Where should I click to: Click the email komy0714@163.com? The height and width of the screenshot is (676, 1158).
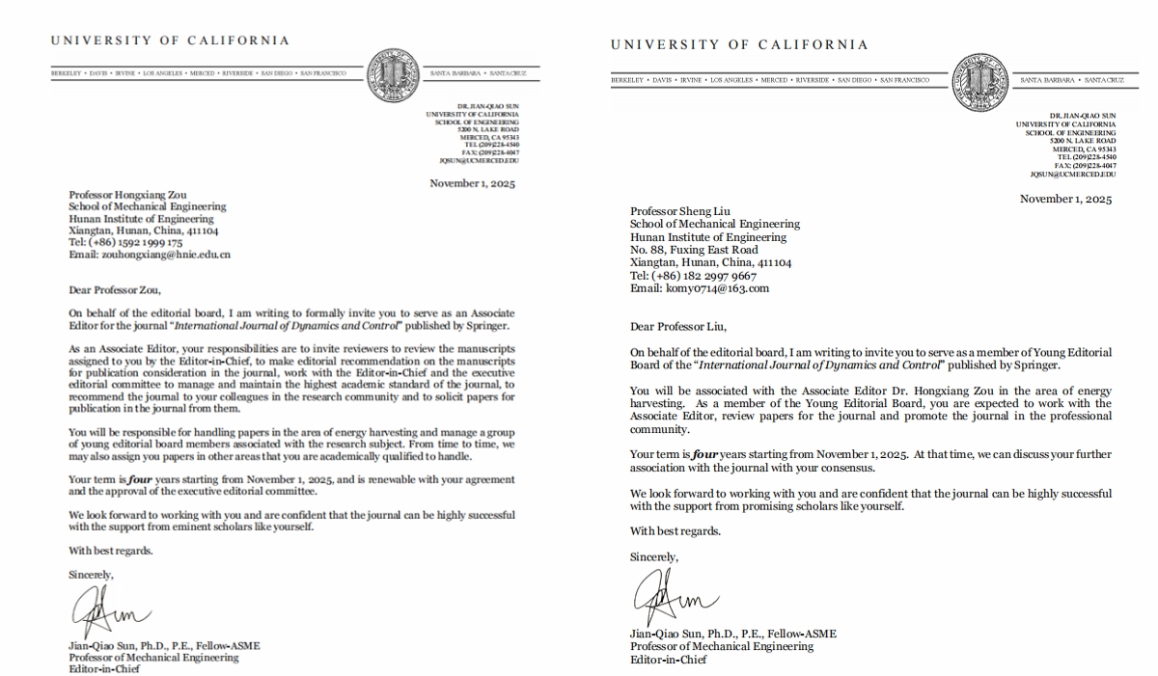tap(715, 288)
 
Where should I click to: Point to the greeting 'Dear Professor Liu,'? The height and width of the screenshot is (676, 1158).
tap(677, 326)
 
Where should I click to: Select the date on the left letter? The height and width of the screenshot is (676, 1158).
tap(473, 183)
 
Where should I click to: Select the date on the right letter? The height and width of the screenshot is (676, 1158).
tap(1065, 200)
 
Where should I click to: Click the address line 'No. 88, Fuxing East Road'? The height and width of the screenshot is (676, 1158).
tap(693, 250)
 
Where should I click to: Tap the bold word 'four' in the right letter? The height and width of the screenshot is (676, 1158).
tap(705, 454)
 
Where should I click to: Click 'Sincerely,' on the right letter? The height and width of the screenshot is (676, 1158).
tap(653, 556)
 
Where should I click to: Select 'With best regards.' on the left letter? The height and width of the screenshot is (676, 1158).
tap(110, 551)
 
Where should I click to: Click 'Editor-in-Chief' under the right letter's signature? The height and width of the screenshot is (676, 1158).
tap(668, 660)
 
